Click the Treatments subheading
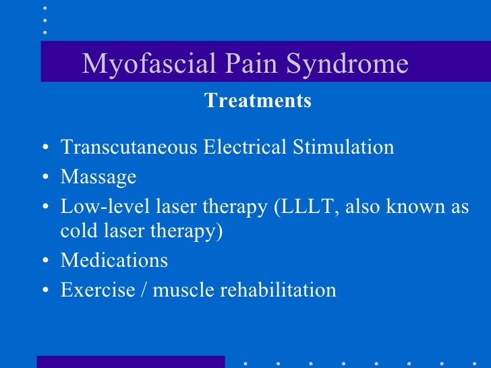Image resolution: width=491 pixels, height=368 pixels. point(258,101)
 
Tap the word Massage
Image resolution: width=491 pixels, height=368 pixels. point(98,177)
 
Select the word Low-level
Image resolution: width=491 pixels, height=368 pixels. point(98,207)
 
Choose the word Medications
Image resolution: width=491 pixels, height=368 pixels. point(114,260)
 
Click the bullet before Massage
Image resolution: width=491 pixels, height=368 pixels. point(44,179)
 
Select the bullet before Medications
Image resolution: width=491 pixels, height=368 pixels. point(44,262)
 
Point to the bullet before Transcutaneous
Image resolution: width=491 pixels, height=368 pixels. point(44,148)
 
